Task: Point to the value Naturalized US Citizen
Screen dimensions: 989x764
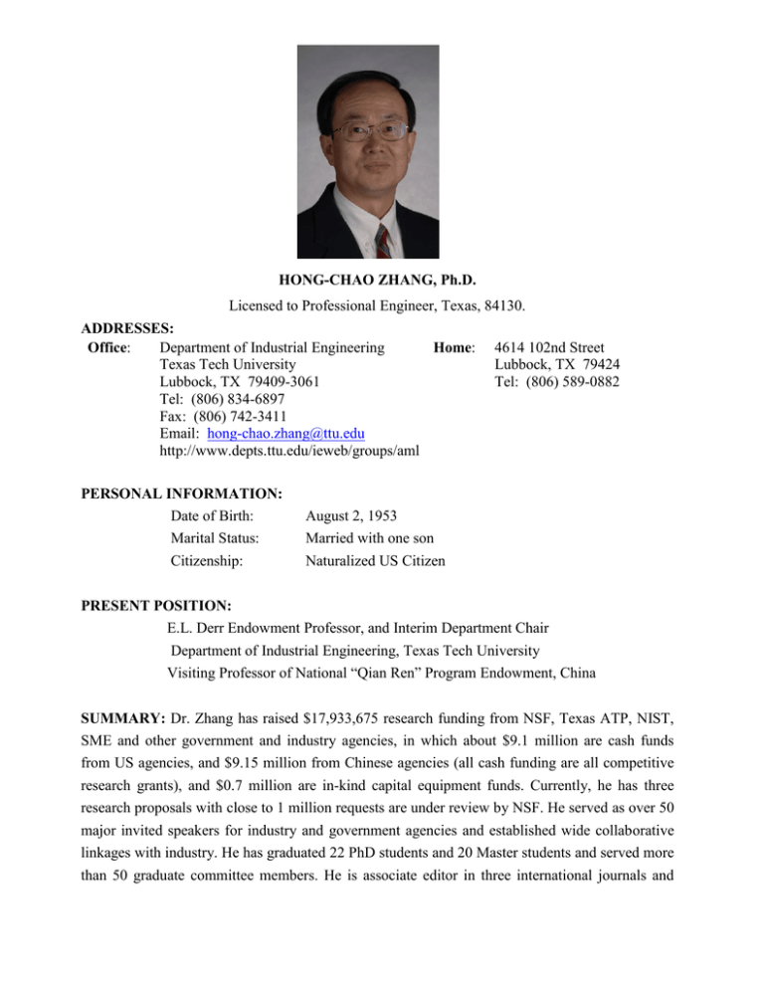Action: pyautogui.click(x=375, y=561)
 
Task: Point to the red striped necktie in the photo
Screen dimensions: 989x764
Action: pyautogui.click(x=383, y=242)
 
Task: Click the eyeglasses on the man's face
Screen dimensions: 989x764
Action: pyautogui.click(x=371, y=131)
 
